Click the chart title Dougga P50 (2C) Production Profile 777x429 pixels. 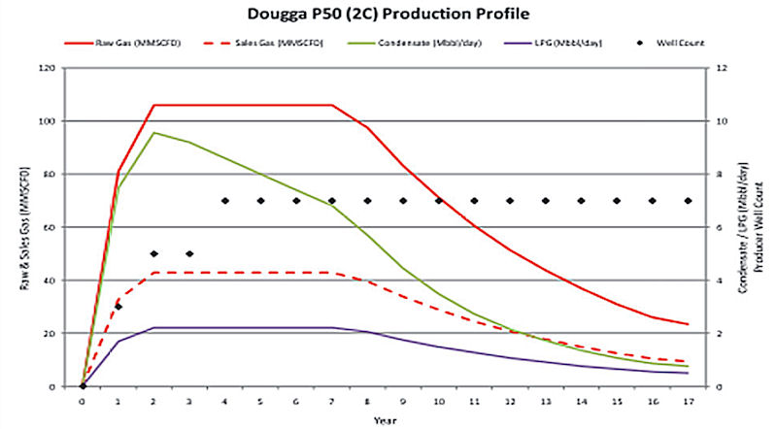click(388, 15)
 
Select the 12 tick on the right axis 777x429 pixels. click(720, 69)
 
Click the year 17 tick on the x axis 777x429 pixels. click(688, 398)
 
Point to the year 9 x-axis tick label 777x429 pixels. click(403, 398)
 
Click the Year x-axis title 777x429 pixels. click(386, 420)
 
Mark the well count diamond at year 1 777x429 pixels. click(118, 307)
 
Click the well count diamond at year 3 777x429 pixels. click(189, 254)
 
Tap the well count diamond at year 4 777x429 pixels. click(225, 201)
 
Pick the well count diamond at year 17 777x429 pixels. click(688, 201)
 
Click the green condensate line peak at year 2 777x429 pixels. click(153, 133)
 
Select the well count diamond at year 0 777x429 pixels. click(83, 386)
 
